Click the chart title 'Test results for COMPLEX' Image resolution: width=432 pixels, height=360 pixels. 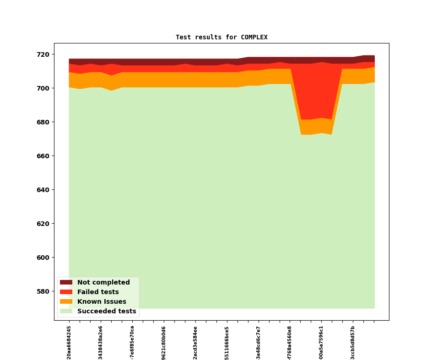tap(221, 37)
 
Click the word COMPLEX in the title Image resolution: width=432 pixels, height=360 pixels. tap(254, 37)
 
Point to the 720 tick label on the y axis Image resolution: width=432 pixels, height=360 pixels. tap(44, 54)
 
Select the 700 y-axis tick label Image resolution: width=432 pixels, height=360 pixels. tap(44, 88)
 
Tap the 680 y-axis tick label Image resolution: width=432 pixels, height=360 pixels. tap(44, 122)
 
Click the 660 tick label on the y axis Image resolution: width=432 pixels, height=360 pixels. tap(44, 156)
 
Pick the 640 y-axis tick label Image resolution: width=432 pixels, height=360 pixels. tap(44, 190)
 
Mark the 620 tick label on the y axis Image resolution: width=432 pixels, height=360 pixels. tap(44, 224)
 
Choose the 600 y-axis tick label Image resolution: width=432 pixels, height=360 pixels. tap(44, 258)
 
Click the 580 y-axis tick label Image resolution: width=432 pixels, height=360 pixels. tap(44, 291)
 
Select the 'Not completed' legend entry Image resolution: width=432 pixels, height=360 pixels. tap(103, 283)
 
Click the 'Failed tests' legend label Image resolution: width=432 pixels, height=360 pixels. tap(98, 292)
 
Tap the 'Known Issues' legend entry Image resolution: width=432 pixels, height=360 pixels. tap(102, 302)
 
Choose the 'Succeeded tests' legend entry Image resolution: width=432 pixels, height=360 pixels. tap(107, 312)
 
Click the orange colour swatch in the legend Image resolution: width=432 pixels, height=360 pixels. tap(66, 302)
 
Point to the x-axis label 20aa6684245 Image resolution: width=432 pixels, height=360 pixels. tap(69, 342)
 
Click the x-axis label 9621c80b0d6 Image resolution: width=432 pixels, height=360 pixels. tap(164, 342)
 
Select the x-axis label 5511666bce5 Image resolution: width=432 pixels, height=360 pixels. tap(227, 342)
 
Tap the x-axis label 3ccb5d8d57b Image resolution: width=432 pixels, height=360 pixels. tap(353, 342)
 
